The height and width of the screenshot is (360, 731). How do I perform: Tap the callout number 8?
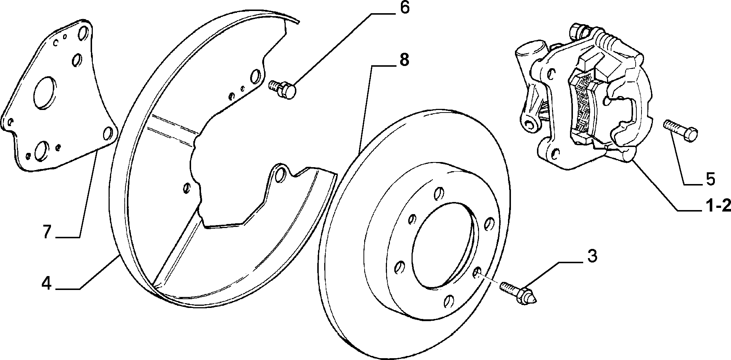pyautogui.click(x=403, y=60)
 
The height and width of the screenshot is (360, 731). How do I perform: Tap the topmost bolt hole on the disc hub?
pyautogui.click(x=437, y=193)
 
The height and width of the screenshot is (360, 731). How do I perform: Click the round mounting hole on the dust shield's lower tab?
pyautogui.click(x=281, y=175)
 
